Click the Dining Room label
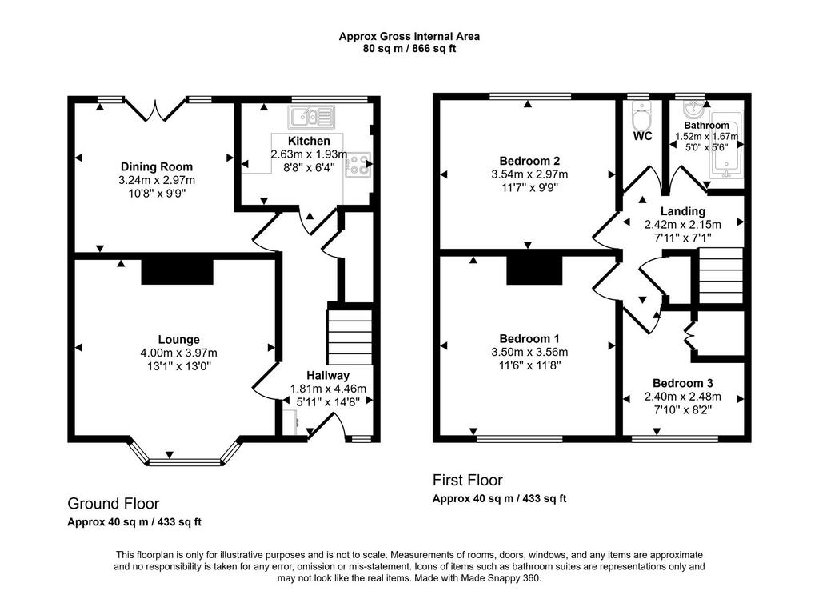pyautogui.click(x=157, y=166)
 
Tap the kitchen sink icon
pyautogui.click(x=311, y=117)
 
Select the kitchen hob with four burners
pyautogui.click(x=358, y=164)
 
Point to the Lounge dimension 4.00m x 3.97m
pyautogui.click(x=178, y=353)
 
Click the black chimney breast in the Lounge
pyautogui.click(x=177, y=271)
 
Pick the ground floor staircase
pyautogui.click(x=350, y=337)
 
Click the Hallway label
pyautogui.click(x=328, y=376)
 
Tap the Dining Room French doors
pyautogui.click(x=155, y=110)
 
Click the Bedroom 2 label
pyautogui.click(x=529, y=161)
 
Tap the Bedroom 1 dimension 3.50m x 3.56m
pyautogui.click(x=529, y=352)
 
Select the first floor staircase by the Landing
pyautogui.click(x=721, y=275)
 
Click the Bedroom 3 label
pyautogui.click(x=683, y=383)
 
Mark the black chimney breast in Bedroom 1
pyautogui.click(x=534, y=270)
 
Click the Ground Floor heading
pyautogui.click(x=114, y=504)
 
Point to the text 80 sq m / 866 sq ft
pyautogui.click(x=409, y=49)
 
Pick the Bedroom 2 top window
pyautogui.click(x=530, y=97)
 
